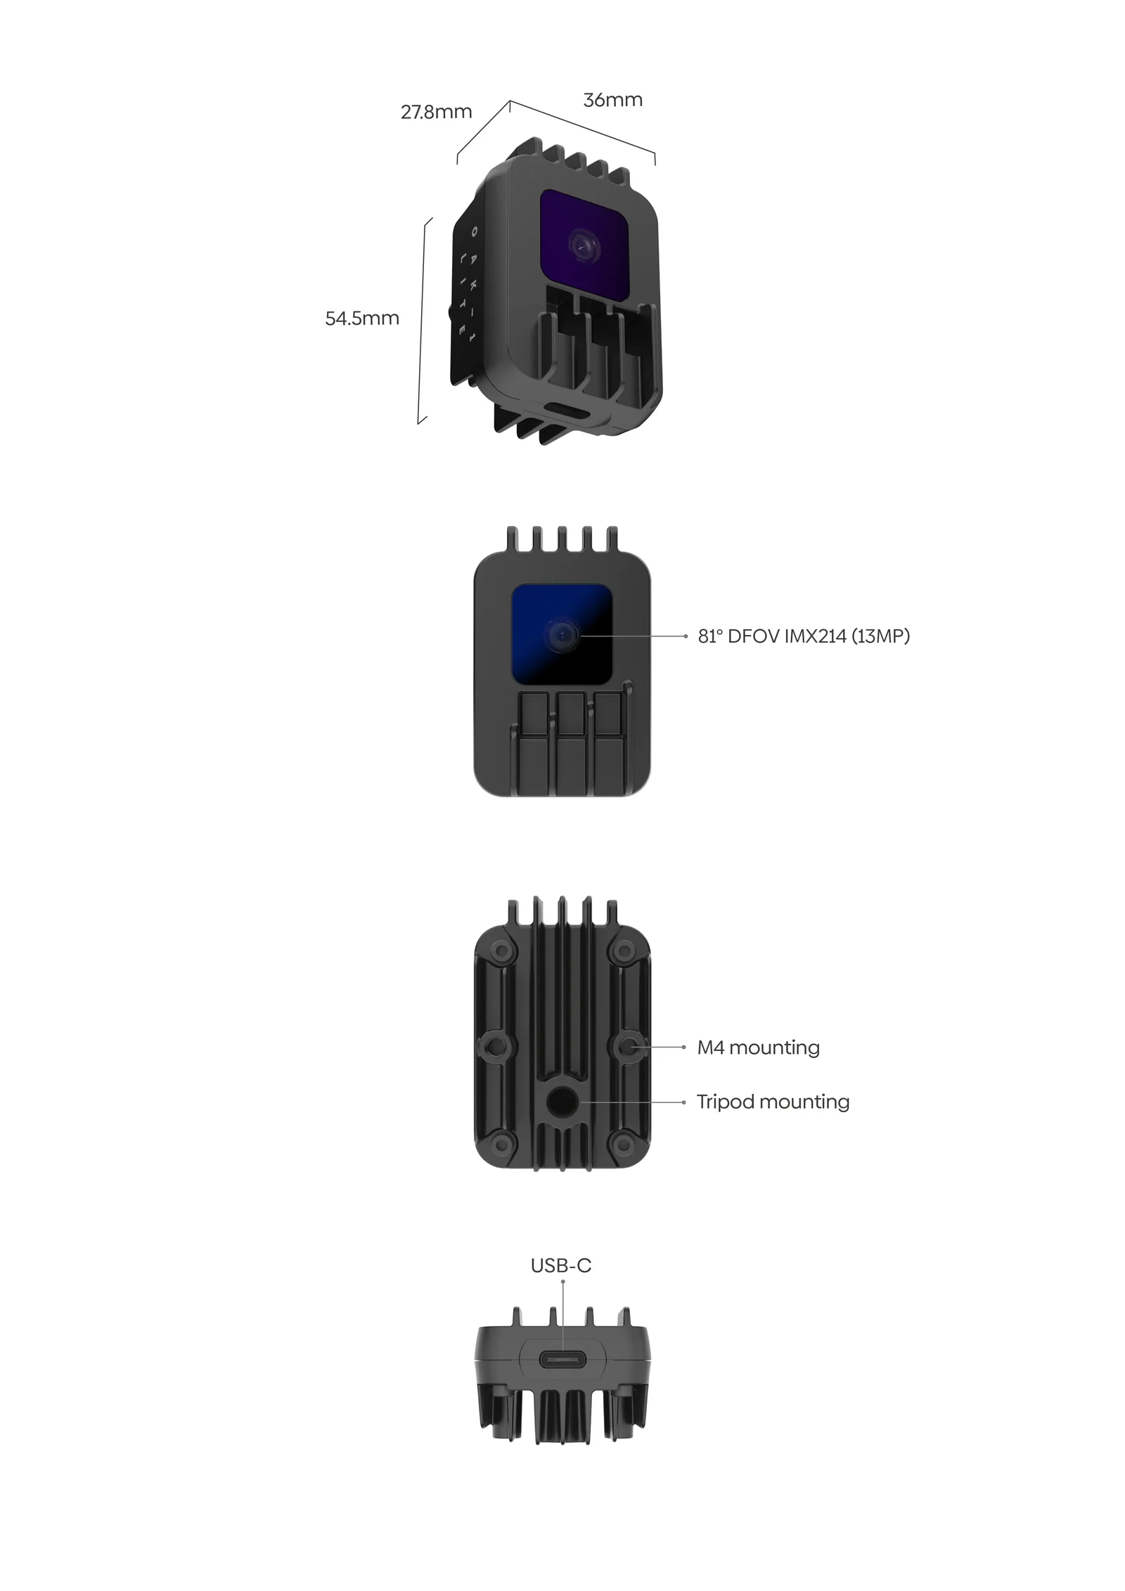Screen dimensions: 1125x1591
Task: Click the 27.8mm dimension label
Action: [436, 112]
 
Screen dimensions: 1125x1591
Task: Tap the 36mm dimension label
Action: [612, 100]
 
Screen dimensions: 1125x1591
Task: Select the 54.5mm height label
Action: [361, 318]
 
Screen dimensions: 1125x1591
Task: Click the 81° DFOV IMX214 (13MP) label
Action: [804, 636]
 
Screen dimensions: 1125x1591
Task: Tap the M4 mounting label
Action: [758, 1048]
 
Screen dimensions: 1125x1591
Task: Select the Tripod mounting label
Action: [773, 1102]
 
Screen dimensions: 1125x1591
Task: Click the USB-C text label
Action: [560, 1265]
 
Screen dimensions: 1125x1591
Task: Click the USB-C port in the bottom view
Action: [562, 1359]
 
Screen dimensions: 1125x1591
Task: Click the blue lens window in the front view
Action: [561, 633]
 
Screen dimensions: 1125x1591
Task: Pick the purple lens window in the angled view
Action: [584, 243]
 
